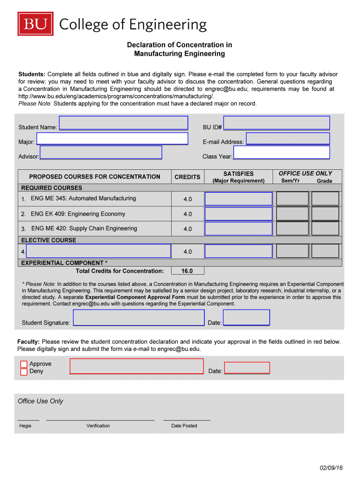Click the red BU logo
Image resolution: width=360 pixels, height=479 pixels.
(36, 24)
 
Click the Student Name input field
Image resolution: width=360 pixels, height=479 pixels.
(123, 123)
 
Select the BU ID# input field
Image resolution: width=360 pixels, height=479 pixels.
(276, 123)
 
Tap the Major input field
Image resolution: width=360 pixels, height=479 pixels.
(112, 138)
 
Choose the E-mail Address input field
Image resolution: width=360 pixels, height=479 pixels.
(288, 138)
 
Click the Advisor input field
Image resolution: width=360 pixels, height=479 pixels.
(101, 152)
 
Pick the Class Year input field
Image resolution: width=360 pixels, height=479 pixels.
(281, 152)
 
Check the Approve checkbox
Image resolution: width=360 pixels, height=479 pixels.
(24, 364)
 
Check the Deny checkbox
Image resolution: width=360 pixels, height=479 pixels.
(24, 372)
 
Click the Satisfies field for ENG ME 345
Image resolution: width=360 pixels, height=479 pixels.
(238, 199)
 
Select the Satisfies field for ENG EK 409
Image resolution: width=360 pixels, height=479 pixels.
(238, 214)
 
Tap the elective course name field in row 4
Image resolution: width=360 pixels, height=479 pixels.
(98, 251)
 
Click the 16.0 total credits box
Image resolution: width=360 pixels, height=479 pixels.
(187, 271)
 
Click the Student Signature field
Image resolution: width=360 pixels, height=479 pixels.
(139, 319)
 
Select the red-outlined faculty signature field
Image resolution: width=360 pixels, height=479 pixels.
(137, 366)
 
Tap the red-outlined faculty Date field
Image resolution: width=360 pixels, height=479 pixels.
(247, 368)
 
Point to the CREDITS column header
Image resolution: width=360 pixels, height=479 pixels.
(187, 177)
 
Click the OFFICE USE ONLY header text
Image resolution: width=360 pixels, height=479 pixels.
(305, 173)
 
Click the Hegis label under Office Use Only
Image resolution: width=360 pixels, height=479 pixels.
(25, 426)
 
